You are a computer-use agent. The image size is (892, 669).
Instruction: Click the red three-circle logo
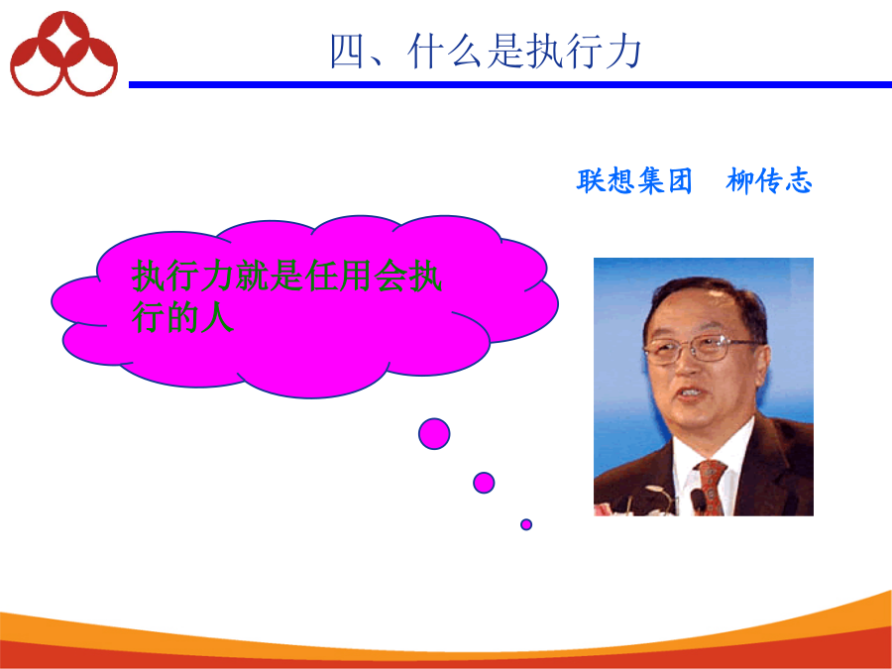pos(63,55)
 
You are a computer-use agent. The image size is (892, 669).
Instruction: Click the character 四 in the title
pos(347,52)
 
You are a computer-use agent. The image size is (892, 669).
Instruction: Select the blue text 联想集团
pos(634,181)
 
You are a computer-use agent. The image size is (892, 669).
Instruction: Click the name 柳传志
pos(769,181)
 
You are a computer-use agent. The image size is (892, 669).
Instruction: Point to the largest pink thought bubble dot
pos(434,433)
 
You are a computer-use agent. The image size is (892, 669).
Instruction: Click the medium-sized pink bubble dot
pos(484,483)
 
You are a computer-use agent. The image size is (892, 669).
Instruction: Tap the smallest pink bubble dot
pos(526,524)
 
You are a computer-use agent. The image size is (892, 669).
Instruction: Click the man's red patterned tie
pos(711,487)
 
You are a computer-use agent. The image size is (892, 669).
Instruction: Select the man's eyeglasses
pos(702,348)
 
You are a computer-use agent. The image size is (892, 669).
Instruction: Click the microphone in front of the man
pos(699,502)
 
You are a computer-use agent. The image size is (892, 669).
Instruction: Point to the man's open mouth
pos(690,392)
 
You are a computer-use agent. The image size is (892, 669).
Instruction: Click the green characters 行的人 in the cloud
pos(182,317)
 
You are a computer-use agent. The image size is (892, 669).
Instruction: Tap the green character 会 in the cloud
pos(390,276)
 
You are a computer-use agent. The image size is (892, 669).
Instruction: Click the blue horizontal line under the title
pos(510,85)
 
